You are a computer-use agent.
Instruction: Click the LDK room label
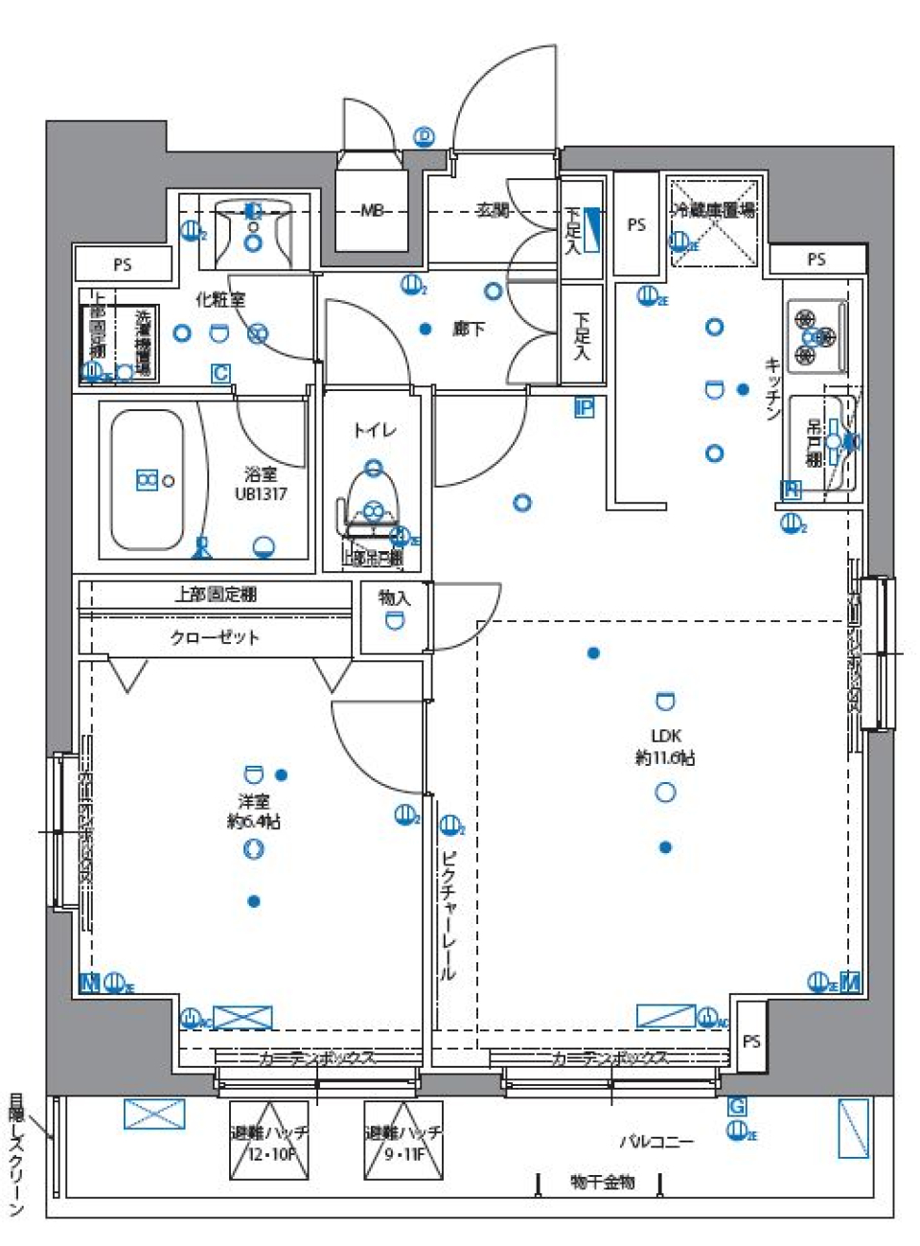point(665,736)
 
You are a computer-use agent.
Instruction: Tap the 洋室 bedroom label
point(254,801)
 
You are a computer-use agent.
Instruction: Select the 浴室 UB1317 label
point(261,484)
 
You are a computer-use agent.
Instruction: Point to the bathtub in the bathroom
point(147,479)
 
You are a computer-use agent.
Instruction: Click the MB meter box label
point(372,210)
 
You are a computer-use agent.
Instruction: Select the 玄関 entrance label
point(493,210)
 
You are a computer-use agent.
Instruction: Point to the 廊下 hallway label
point(469,329)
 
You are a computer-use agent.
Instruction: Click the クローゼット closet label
point(215,636)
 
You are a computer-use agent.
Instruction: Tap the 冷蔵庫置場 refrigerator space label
point(715,209)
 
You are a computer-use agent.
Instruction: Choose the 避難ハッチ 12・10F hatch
point(269,1141)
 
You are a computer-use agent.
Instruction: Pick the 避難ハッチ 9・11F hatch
point(403,1141)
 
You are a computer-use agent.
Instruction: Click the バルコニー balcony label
point(655,1141)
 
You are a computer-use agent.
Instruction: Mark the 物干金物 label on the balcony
point(602,1182)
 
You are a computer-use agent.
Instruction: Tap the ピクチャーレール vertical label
point(448,915)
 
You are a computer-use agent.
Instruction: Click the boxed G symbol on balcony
point(737,1107)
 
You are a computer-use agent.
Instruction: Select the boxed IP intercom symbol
point(584,407)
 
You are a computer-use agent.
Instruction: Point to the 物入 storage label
point(394,597)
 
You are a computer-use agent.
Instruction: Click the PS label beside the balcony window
point(751,1040)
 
